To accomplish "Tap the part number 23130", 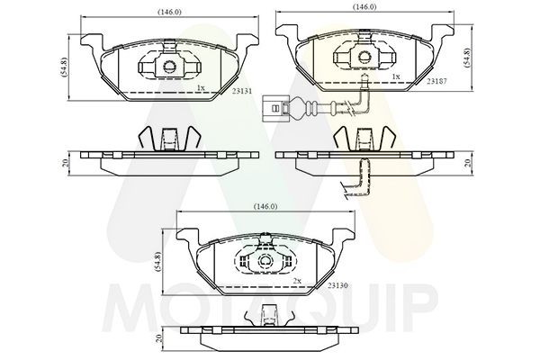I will (338, 285).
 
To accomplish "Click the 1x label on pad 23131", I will (201, 87).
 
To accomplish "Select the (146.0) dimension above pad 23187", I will (364, 7).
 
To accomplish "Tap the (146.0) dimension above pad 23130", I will (265, 206).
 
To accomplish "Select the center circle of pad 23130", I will (265, 260).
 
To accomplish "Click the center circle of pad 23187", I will (364, 56).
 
